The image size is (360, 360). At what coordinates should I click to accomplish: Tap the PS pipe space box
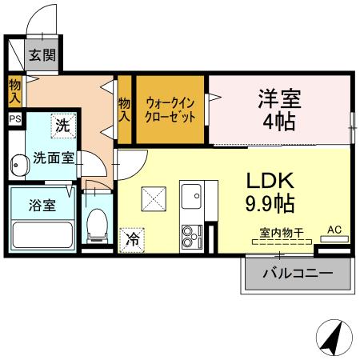coord(15,118)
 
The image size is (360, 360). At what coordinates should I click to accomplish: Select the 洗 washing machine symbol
coord(62,125)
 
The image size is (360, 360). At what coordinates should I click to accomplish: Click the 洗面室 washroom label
coord(54,158)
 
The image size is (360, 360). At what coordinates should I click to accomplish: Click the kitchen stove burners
coord(192,236)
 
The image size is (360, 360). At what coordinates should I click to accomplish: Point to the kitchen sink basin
coord(192,196)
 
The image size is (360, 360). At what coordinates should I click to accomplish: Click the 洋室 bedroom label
coord(278,100)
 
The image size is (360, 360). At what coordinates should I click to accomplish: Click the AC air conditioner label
coord(334,230)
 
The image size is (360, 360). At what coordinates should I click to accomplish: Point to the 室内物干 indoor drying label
coord(281,232)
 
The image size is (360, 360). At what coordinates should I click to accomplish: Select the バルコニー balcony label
coord(297,274)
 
